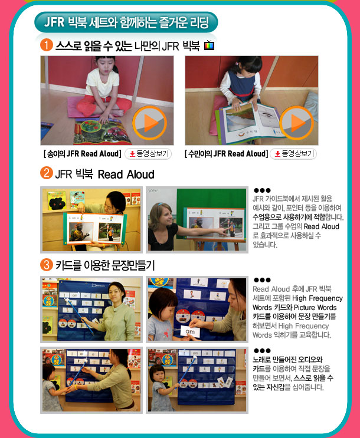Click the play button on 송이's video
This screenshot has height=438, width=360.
pyautogui.click(x=150, y=123)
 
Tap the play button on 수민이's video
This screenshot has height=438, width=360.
pyautogui.click(x=296, y=123)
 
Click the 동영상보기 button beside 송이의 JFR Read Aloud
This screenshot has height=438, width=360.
pyautogui.click(x=148, y=154)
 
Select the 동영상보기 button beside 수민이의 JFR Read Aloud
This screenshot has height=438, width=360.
pyautogui.click(x=293, y=154)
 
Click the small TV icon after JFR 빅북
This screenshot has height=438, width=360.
pyautogui.click(x=209, y=45)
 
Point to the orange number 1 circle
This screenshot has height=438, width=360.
pyautogui.click(x=47, y=45)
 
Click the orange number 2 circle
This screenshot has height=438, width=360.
pyautogui.click(x=47, y=173)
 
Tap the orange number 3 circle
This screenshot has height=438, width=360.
pyautogui.click(x=47, y=265)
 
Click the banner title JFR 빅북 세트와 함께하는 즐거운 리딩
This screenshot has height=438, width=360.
pyautogui.click(x=126, y=22)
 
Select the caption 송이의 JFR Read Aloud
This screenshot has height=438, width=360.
pyautogui.click(x=83, y=154)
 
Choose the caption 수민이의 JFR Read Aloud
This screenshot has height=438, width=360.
pyautogui.click(x=226, y=154)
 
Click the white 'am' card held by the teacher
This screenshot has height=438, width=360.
pyautogui.click(x=190, y=331)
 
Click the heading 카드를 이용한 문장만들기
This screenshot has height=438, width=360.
pyautogui.click(x=105, y=265)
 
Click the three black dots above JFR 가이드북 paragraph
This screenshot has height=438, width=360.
pyautogui.click(x=262, y=190)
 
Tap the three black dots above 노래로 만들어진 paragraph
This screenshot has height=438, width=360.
pyautogui.click(x=262, y=351)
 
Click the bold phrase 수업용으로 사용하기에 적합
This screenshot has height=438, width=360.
pyautogui.click(x=289, y=217)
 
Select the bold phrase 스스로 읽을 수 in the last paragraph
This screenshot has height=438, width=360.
pyautogui.click(x=313, y=378)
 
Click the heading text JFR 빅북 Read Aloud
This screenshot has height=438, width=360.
pyautogui.click(x=105, y=174)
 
